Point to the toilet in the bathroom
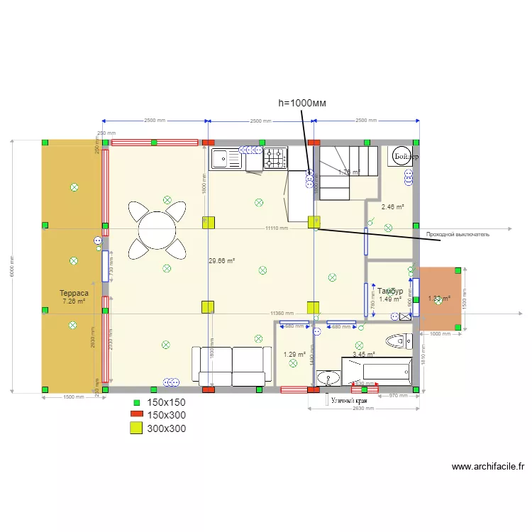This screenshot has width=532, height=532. [398, 340]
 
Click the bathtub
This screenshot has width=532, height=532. [376, 371]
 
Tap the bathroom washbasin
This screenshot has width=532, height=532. [328, 377]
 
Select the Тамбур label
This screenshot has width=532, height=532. [390, 292]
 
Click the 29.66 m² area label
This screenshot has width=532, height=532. [221, 261]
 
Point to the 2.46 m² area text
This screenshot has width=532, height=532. [392, 207]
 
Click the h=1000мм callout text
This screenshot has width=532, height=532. [302, 103]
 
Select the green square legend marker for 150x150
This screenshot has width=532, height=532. [136, 402]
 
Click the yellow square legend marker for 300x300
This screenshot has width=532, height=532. [135, 428]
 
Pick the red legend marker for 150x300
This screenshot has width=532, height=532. [135, 415]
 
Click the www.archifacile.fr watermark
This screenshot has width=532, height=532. [488, 467]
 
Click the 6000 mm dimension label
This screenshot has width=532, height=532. [11, 266]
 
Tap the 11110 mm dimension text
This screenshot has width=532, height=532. [277, 228]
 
